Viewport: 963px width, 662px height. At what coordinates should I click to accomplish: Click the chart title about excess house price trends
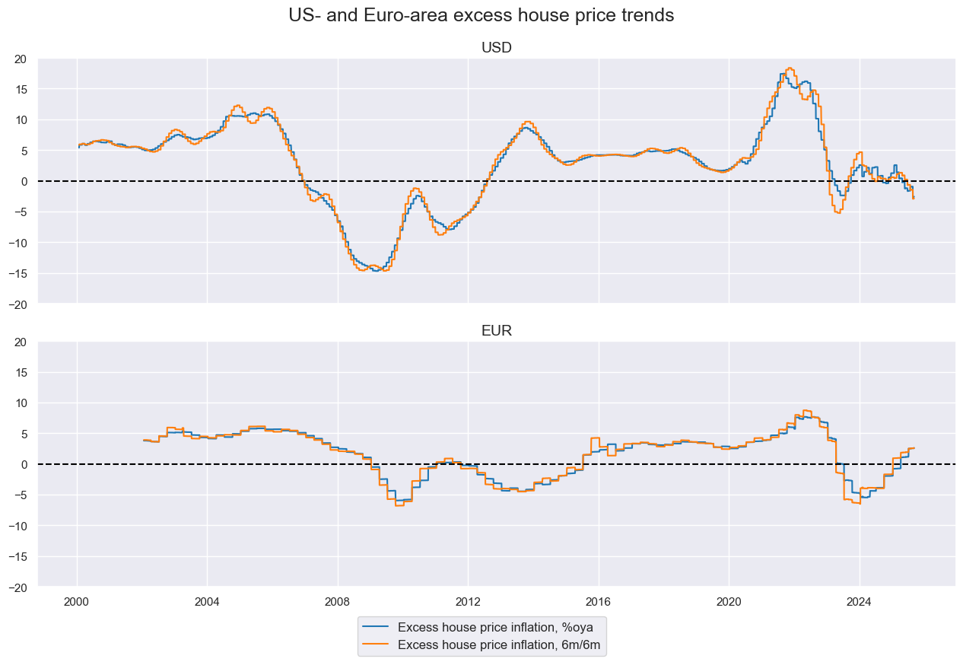pyautogui.click(x=481, y=15)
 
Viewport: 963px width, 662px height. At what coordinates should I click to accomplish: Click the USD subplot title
pyautogui.click(x=496, y=48)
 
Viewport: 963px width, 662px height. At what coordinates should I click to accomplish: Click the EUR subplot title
pyautogui.click(x=496, y=331)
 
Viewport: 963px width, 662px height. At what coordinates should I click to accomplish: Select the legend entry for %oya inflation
pyautogui.click(x=495, y=628)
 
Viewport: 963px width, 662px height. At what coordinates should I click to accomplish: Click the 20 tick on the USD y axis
pyautogui.click(x=21, y=59)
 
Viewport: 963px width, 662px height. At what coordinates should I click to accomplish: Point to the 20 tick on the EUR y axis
pyautogui.click(x=21, y=342)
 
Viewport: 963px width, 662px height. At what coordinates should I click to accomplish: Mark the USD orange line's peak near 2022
pyautogui.click(x=790, y=68)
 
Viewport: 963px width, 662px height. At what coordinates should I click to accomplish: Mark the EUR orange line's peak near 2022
pyautogui.click(x=806, y=411)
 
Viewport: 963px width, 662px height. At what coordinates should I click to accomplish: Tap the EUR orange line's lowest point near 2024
pyautogui.click(x=857, y=503)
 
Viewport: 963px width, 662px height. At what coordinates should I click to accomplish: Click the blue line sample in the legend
pyautogui.click(x=377, y=628)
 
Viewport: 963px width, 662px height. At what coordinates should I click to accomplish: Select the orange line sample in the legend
pyautogui.click(x=377, y=645)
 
